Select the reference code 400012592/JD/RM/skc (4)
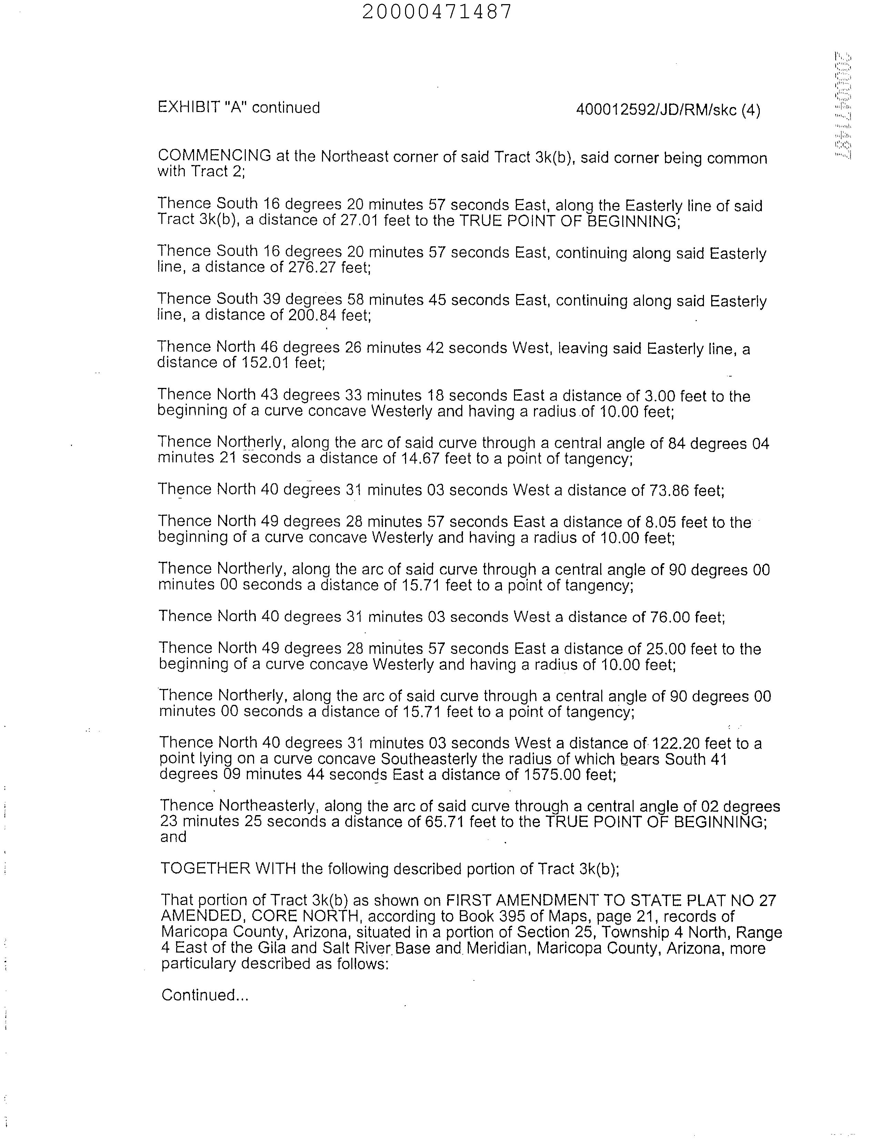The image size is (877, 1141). coord(668,110)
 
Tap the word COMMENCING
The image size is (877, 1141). coord(214,155)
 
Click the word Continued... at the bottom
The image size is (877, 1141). coord(205,995)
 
